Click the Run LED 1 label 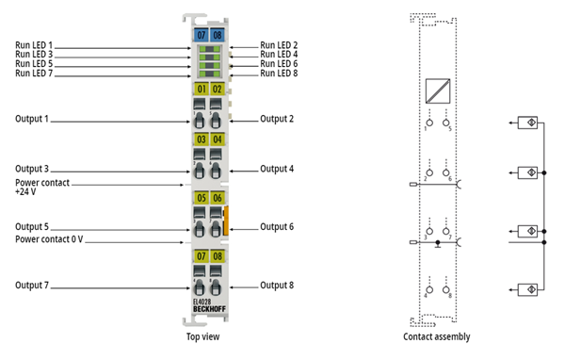coord(34,45)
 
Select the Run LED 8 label coord(279,74)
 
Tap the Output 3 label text coord(32,169)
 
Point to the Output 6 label coord(277,227)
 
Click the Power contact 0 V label coord(49,239)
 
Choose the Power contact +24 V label coord(42,187)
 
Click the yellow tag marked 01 coord(202,89)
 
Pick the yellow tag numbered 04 coord(218,139)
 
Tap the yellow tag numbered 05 coord(202,198)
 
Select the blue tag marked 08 coord(218,35)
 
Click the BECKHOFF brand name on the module coord(209,309)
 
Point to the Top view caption coord(202,337)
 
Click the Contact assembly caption coord(437,337)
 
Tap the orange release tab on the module coord(226,221)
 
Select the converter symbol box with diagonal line coord(438,91)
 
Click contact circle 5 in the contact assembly coord(445,123)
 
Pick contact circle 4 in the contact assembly coord(429,289)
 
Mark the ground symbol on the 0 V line coord(438,244)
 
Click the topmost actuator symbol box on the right coord(527,123)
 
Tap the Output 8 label coord(277,286)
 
